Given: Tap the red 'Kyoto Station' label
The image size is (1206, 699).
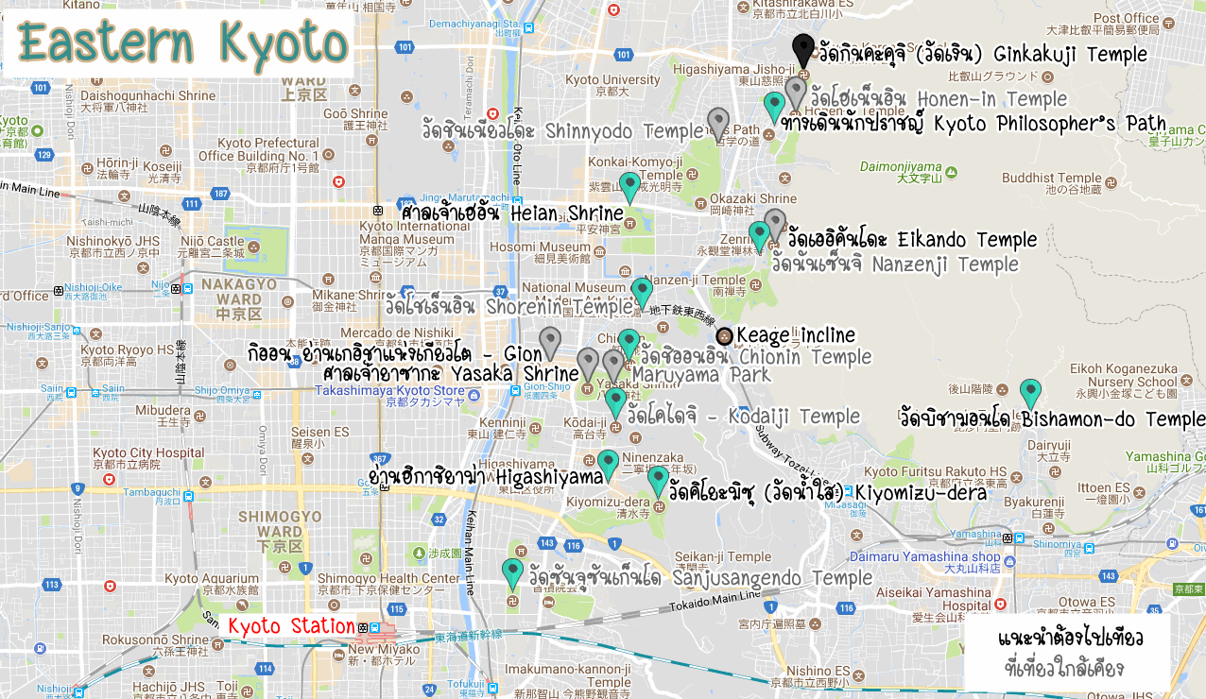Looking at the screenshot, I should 292,625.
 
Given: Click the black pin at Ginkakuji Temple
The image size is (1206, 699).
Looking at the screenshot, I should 802,49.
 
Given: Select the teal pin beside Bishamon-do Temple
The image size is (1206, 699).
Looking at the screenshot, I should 1030,392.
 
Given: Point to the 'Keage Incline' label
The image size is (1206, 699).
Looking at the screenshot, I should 795,335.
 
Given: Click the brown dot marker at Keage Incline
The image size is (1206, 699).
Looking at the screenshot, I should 724,335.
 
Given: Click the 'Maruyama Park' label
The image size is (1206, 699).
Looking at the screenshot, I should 700,376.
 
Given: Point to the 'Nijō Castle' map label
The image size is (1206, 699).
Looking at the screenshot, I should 213,241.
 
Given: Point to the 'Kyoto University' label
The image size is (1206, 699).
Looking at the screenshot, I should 613,80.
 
